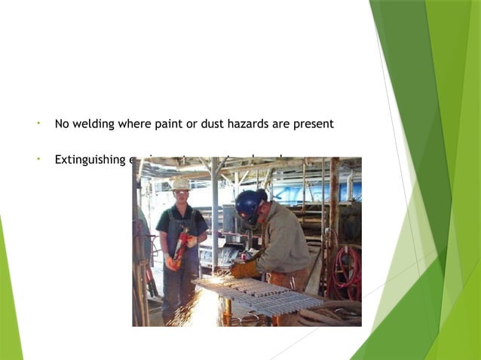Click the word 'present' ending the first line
click(313, 124)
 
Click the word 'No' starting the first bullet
click(62, 124)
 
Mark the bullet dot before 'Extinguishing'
click(37, 159)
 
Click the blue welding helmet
click(248, 203)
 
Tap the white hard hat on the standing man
click(180, 184)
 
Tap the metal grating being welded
click(256, 294)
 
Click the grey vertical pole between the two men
click(216, 218)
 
